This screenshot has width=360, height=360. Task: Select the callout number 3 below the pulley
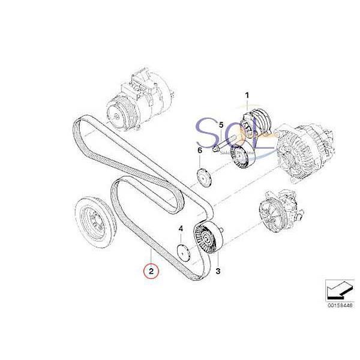pyautogui.click(x=218, y=272)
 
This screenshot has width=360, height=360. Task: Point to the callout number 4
pyautogui.click(x=180, y=229)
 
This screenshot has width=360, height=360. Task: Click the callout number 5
pyautogui.click(x=221, y=125)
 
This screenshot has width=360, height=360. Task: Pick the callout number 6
pyautogui.click(x=199, y=150)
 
